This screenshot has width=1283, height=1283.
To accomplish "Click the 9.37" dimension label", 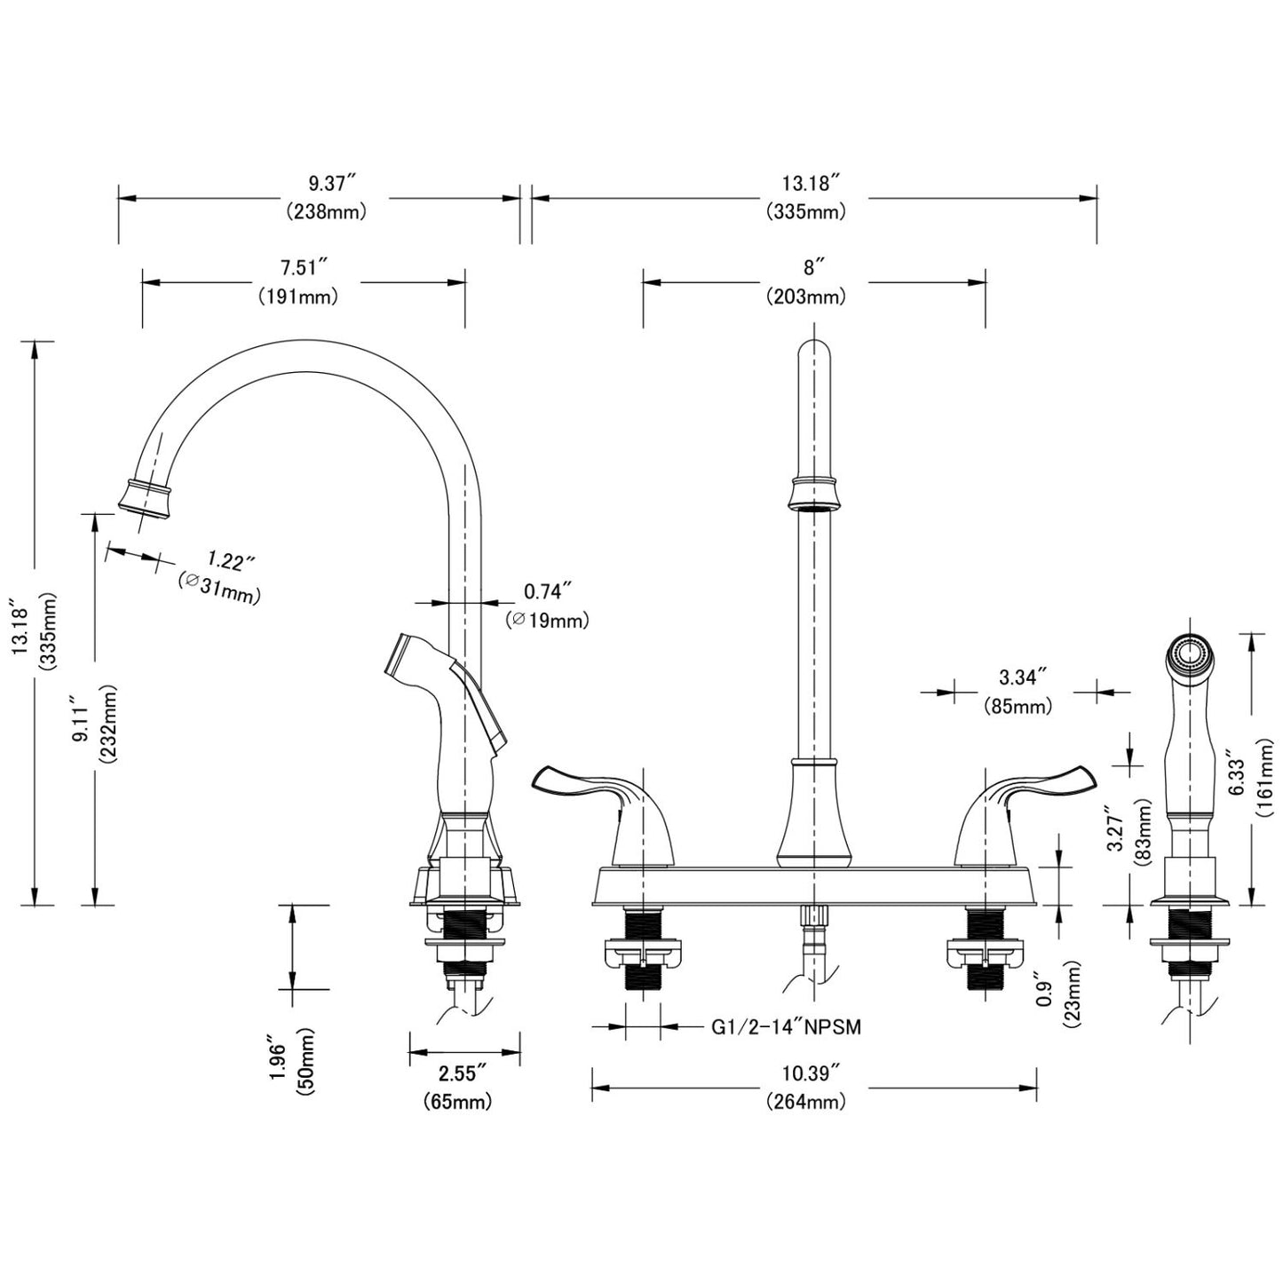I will coord(331,184).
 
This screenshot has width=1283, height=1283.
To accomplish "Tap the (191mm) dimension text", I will coord(298,297).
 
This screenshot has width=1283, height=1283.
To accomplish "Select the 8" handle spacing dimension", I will coord(814,267).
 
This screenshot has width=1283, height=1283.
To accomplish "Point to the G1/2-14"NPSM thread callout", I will coord(786,1027).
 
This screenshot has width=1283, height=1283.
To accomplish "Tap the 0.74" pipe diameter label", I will coord(547,591).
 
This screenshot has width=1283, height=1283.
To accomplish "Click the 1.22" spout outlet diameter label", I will coord(230,561).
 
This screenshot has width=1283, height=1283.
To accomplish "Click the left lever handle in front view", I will coord(586,788).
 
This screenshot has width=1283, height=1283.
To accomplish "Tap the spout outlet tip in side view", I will coord(145,497).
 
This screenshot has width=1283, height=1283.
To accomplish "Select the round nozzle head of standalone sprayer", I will coord(1190,655).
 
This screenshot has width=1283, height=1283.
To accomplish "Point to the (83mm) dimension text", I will coord(1143,832).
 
